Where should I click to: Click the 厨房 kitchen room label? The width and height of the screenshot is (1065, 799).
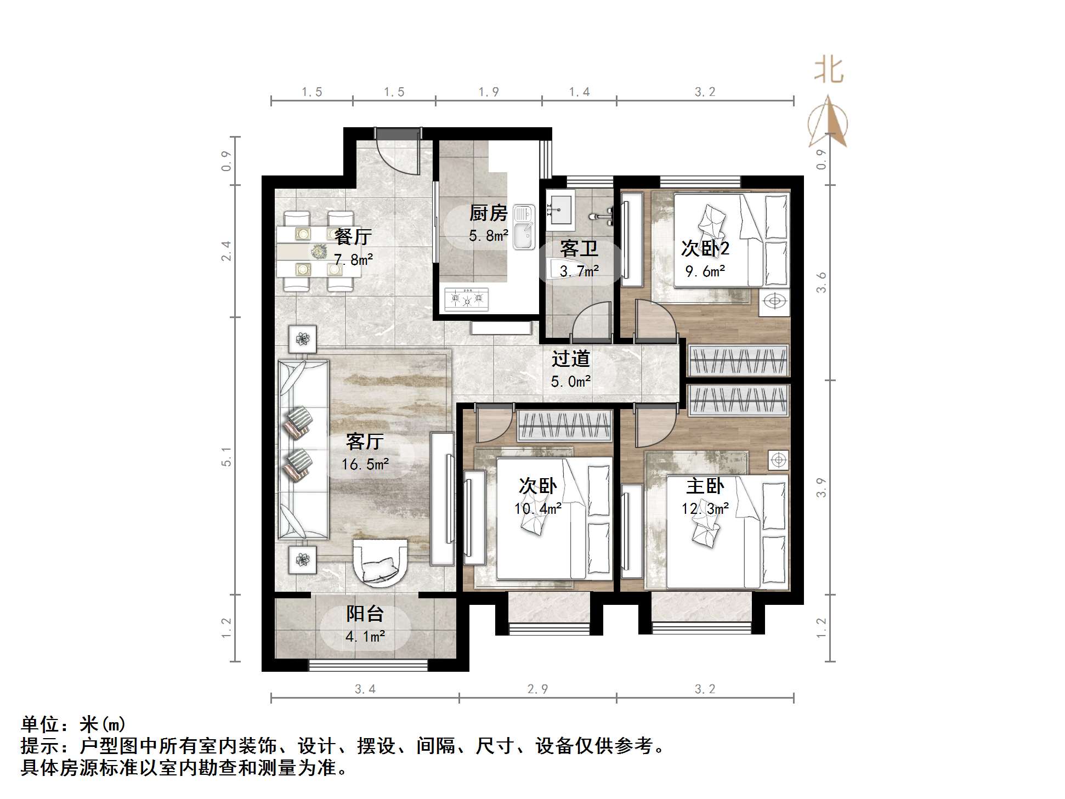pos(488,213)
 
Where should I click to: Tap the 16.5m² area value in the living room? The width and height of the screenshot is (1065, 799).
pos(365,464)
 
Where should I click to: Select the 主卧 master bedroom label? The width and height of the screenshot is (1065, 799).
pos(705,486)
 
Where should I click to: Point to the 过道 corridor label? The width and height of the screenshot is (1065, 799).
pos(570,359)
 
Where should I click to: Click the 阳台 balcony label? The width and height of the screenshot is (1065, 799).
pos(365,614)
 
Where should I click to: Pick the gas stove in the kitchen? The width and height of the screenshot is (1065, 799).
pos(467,299)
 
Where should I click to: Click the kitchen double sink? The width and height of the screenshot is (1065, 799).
pos(524,227)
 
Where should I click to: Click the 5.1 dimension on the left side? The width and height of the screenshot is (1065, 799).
pos(226,456)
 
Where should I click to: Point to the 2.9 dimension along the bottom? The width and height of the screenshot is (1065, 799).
pos(537,689)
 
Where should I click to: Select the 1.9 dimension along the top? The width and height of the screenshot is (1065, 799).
pos(488,92)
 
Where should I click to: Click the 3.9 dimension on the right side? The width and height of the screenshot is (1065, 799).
pos(821,488)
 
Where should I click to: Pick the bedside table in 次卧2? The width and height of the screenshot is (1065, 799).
pos(774,301)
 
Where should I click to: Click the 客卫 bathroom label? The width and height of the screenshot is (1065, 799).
pos(579,249)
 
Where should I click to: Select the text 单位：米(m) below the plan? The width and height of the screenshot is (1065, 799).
pos(73,724)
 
